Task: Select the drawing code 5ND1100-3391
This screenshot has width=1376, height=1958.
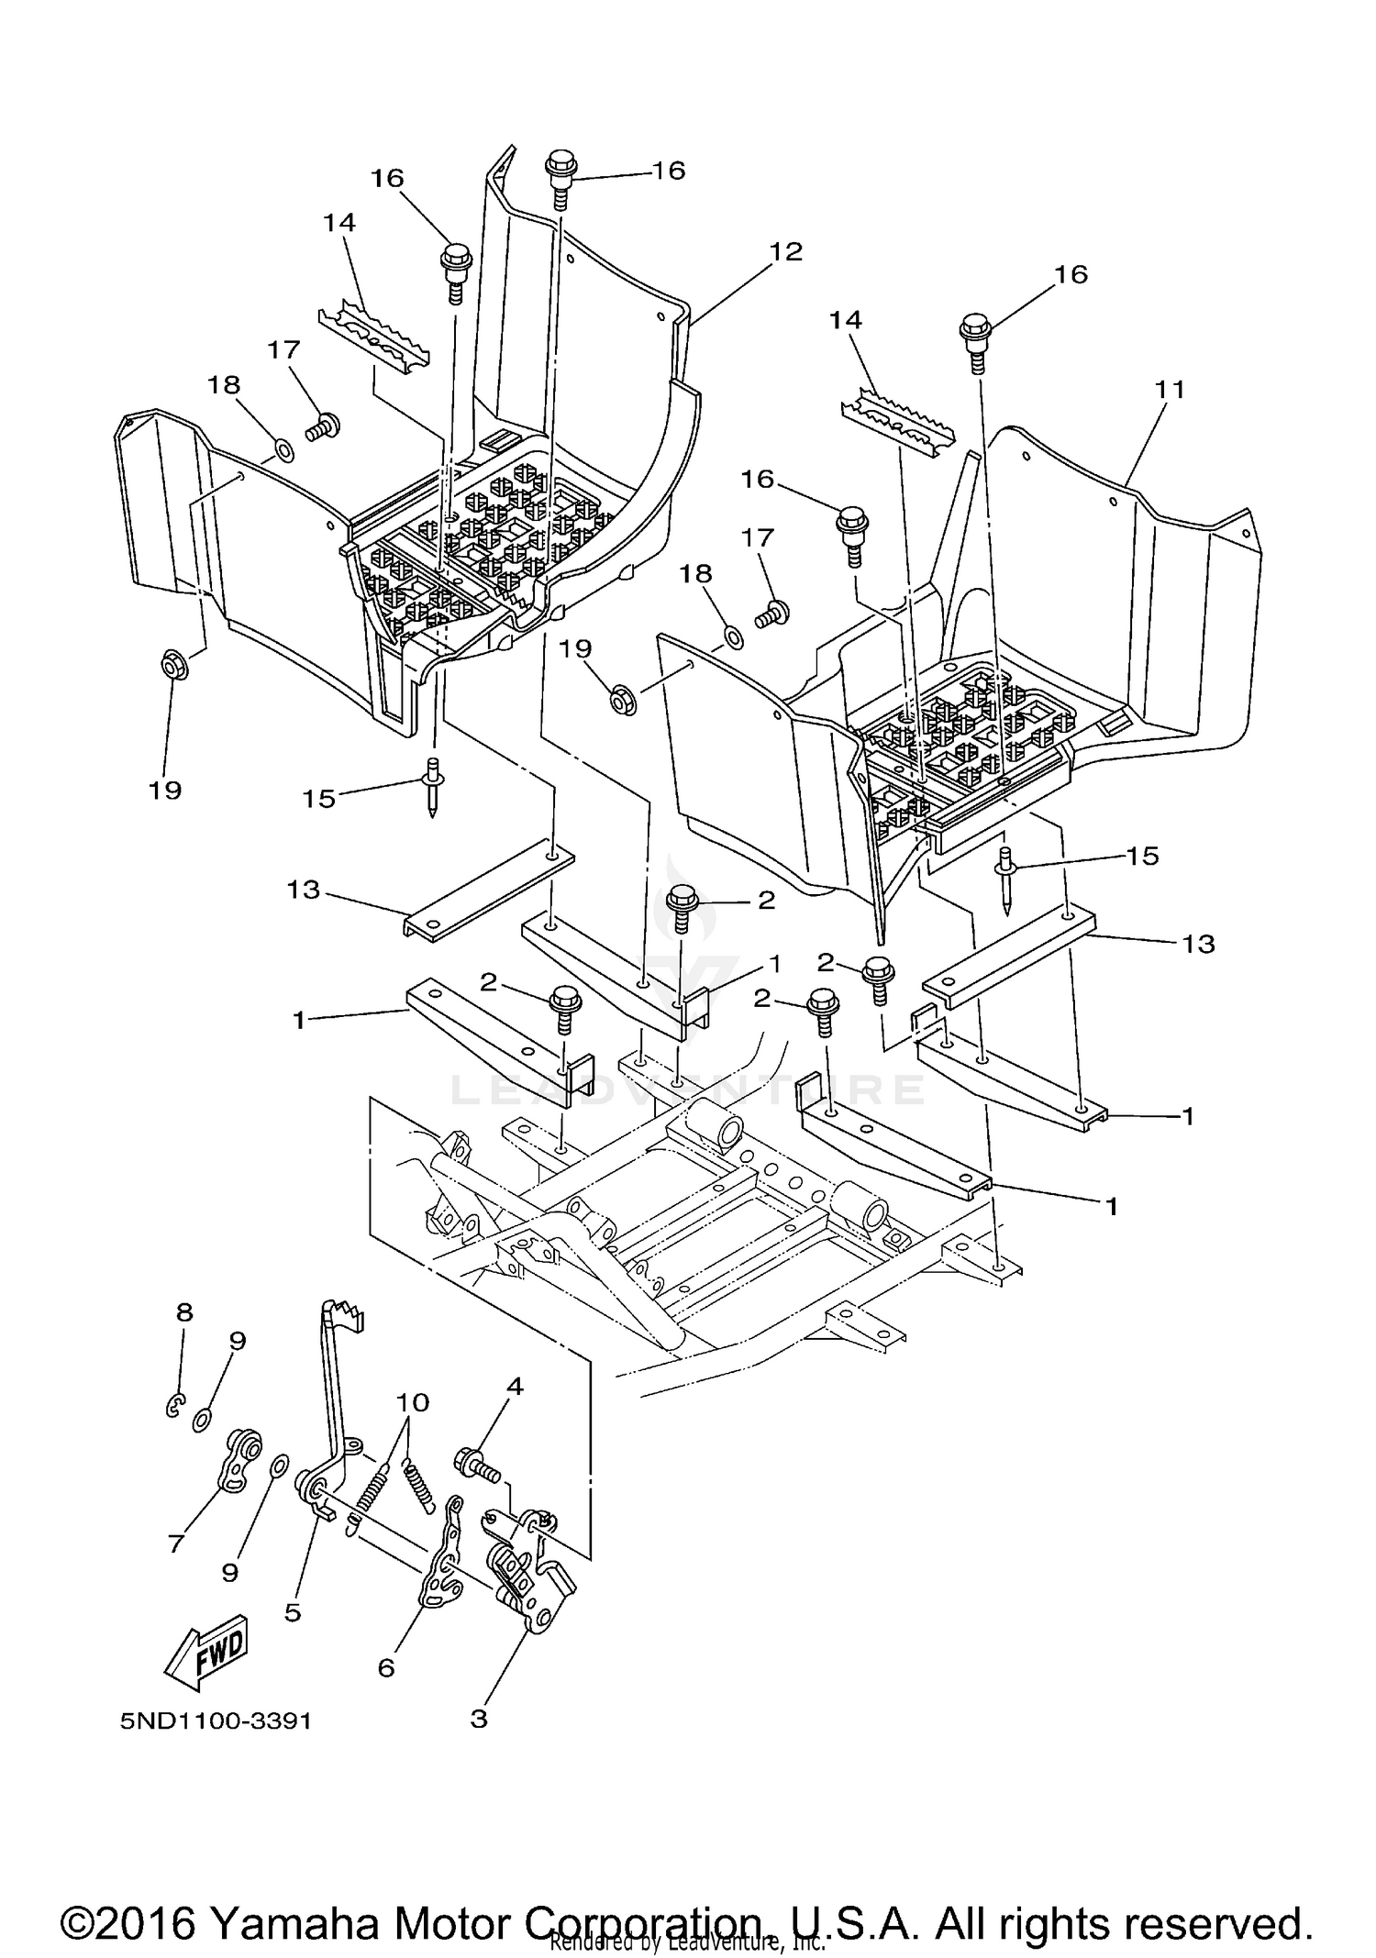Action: [216, 1720]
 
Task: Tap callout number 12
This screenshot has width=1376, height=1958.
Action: [786, 251]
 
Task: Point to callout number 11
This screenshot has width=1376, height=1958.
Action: [1170, 390]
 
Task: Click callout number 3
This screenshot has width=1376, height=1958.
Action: [478, 1718]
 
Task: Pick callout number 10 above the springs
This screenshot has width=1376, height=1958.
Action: [413, 1402]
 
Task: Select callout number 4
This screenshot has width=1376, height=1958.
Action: [515, 1387]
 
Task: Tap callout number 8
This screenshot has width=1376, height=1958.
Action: [184, 1312]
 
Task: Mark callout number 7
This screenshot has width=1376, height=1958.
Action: [176, 1543]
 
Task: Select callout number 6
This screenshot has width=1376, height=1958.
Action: [386, 1667]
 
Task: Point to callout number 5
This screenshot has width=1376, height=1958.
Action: [293, 1612]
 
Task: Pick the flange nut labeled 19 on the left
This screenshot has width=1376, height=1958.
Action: [174, 665]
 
